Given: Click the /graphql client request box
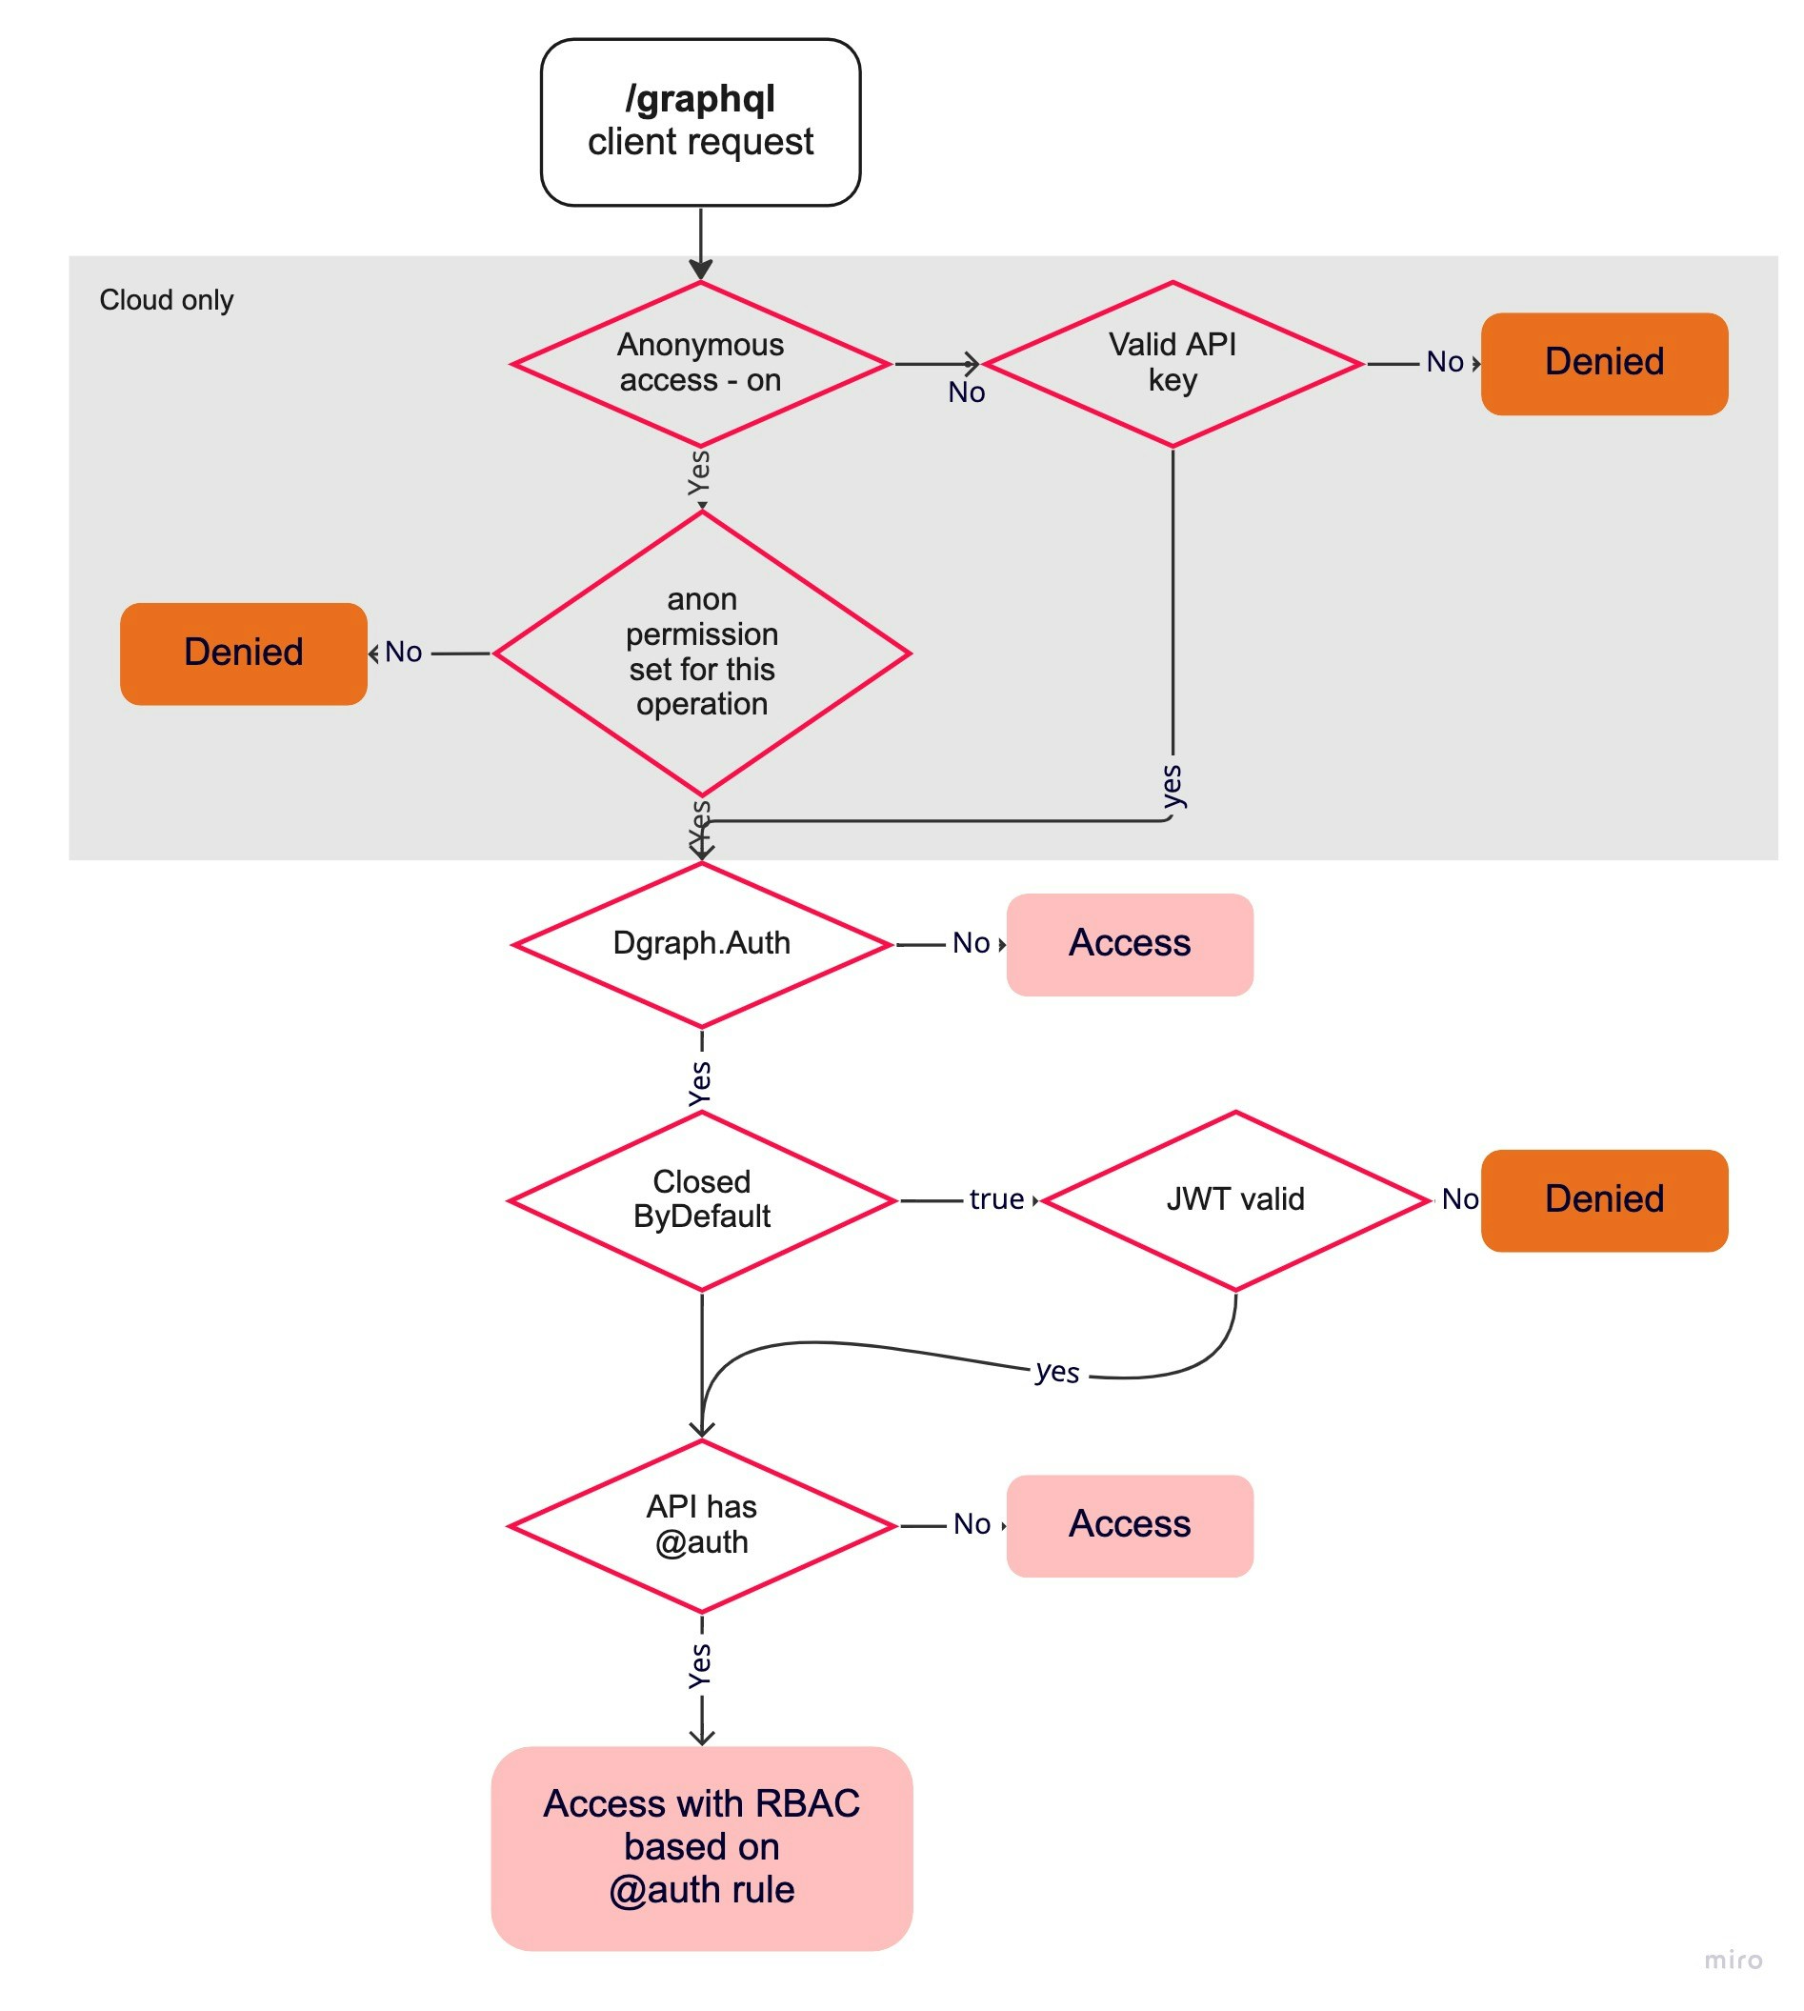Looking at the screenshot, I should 700,122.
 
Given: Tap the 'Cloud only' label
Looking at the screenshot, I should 167,299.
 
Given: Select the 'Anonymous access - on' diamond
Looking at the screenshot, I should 700,363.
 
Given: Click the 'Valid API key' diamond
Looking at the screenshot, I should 1172,363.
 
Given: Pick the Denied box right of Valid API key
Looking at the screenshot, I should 1603,363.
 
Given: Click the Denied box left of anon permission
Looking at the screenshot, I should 243,654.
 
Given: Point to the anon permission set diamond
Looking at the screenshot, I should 701,653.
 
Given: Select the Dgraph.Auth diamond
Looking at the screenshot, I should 701,942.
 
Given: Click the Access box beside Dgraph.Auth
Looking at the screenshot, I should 1129,943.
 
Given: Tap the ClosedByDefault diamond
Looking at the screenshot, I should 701,1199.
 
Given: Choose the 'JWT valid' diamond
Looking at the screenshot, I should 1234,1199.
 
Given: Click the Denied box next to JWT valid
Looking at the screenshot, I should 1603,1199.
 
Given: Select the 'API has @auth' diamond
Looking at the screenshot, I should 701,1524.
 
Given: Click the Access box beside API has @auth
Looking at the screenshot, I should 1129,1524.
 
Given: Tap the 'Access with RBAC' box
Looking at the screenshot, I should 701,1846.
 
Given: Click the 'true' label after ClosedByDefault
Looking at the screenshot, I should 995,1199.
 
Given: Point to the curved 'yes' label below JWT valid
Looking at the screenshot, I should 1056,1372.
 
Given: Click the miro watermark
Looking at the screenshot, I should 1732,1959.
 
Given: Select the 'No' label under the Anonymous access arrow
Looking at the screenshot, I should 966,392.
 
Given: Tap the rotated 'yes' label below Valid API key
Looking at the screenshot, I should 1172,787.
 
